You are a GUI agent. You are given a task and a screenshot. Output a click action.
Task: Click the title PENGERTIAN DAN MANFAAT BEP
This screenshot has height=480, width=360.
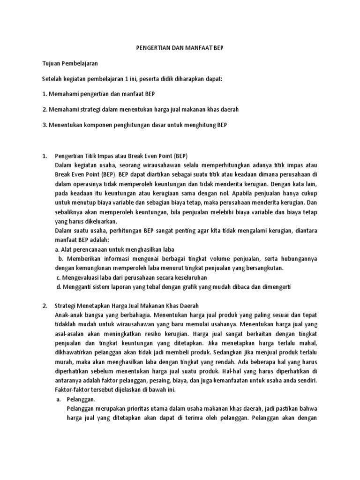click(x=180, y=48)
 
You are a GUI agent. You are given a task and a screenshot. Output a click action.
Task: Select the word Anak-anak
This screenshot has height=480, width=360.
click(x=70, y=315)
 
